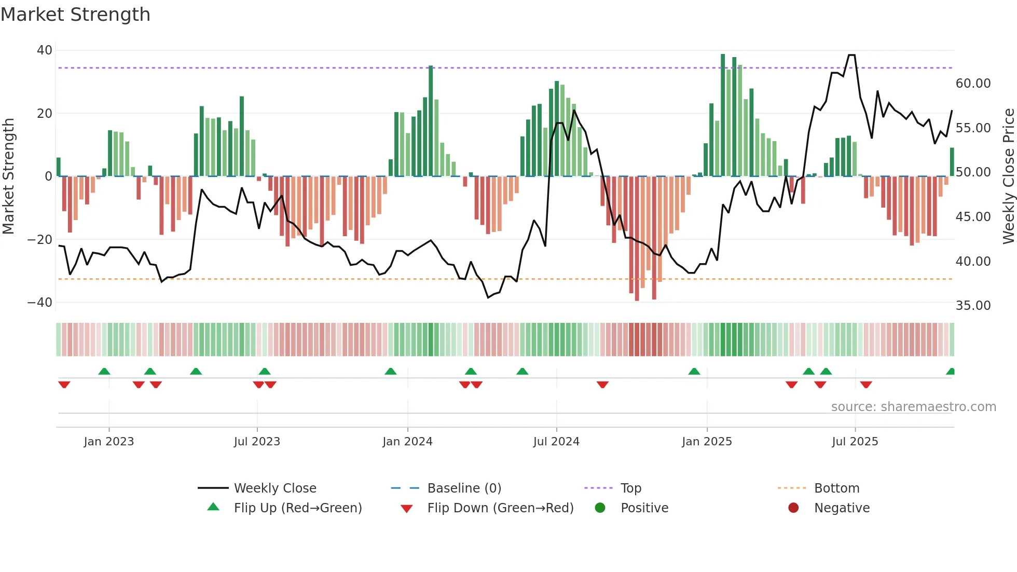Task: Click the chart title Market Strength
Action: [x=75, y=15]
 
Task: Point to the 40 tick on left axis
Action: [x=45, y=50]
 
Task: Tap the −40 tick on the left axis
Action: [x=40, y=302]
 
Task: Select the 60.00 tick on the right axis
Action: [x=973, y=83]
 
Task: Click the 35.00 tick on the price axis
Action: [x=973, y=305]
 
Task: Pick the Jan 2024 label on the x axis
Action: [x=407, y=441]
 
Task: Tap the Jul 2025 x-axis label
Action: [x=855, y=441]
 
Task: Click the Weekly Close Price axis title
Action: [x=1008, y=176]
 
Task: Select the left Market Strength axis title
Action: [x=9, y=176]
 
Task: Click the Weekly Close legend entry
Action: [x=274, y=488]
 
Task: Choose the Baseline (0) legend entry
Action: [x=464, y=488]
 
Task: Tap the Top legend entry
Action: [x=630, y=488]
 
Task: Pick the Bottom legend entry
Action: [x=836, y=488]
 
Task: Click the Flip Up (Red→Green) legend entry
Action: [x=297, y=508]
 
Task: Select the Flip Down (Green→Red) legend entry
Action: [x=500, y=508]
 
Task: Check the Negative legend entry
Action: [x=841, y=508]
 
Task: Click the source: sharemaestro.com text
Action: [x=913, y=406]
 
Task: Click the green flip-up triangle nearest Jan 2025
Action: [x=694, y=371]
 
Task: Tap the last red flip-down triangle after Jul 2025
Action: [x=866, y=385]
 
